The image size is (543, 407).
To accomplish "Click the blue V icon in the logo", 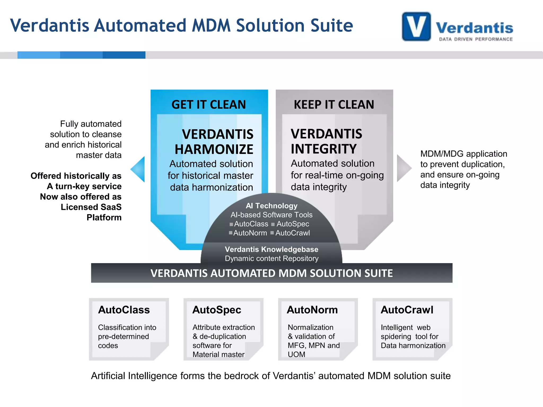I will (416, 26).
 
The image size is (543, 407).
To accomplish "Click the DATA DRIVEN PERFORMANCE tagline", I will (476, 39).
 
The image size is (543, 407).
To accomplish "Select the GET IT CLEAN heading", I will (209, 104).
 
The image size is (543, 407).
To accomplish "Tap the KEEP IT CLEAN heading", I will (334, 104).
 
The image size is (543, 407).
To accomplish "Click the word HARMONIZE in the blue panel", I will (214, 149).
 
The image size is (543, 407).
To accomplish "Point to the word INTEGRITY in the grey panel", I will (323, 149).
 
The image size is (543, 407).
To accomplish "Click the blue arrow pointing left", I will (138, 169).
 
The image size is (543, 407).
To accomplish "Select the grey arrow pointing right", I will (403, 168).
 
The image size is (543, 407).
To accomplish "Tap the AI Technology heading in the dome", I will (271, 206).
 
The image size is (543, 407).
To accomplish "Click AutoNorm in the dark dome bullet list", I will (250, 233).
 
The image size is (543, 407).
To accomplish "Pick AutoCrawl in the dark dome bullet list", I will (292, 233).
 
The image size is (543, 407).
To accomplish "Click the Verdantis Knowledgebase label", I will (271, 249).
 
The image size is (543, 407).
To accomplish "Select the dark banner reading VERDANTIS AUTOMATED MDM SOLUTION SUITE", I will (271, 273).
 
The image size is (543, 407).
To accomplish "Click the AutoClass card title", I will (124, 310).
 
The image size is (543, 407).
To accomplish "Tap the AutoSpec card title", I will (217, 310).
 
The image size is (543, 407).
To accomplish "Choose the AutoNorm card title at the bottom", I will (312, 310).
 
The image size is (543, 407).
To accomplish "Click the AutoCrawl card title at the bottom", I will (407, 310).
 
